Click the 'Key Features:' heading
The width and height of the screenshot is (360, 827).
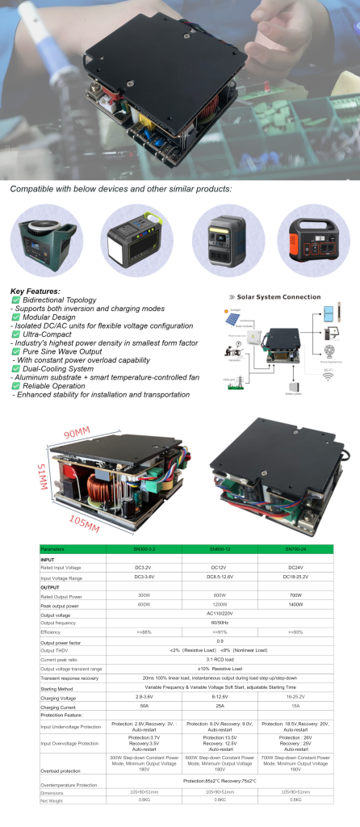coord(35,292)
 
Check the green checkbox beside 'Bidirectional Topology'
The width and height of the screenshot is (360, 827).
coord(15,300)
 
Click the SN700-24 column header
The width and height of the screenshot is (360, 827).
coord(294,549)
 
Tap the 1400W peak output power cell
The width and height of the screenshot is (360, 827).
coord(294,605)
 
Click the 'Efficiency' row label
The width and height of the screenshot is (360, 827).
coord(50,632)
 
